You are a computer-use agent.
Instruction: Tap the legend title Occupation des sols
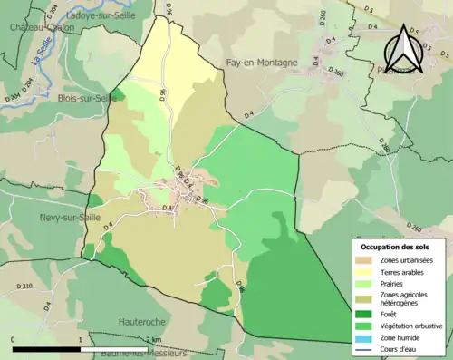pos(395,247)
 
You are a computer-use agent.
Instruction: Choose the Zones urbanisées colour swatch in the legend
pos(362,260)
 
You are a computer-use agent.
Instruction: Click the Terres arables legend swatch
pos(362,272)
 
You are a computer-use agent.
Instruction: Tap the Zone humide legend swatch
pos(362,336)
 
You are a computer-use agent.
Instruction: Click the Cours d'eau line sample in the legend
pos(362,348)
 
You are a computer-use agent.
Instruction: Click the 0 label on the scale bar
pos(14,340)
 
